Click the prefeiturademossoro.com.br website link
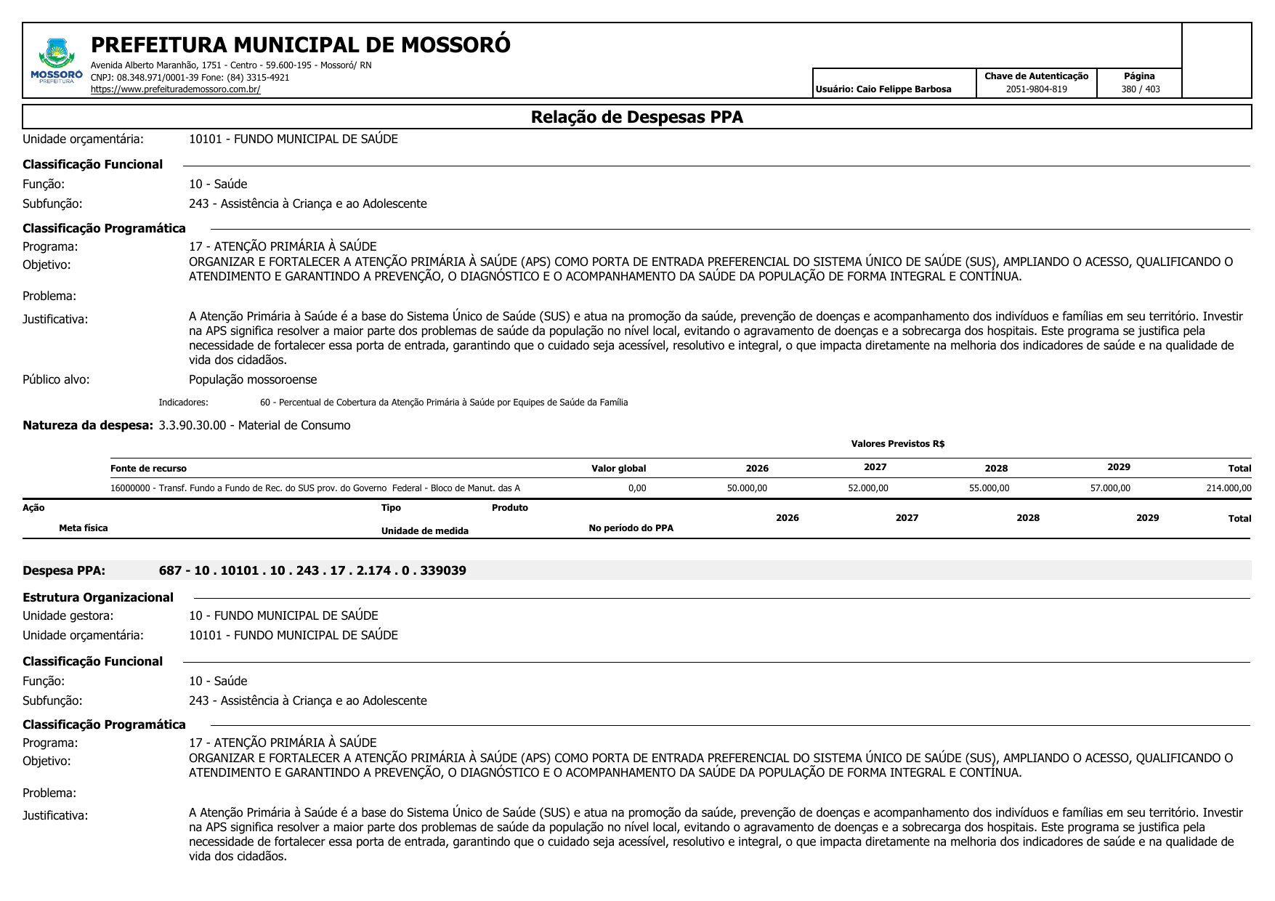(175, 89)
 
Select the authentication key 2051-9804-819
(1036, 89)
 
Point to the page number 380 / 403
(1140, 89)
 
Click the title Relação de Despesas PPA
(636, 117)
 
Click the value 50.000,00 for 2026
(747, 488)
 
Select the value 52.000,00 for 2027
(867, 488)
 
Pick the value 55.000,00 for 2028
(989, 488)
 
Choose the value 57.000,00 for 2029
(1110, 488)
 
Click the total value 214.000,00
(1229, 488)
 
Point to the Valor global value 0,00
(636, 488)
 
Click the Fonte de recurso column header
(148, 469)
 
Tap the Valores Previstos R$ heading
(897, 444)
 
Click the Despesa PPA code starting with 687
(312, 570)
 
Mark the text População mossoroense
(253, 379)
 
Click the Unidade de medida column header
(424, 531)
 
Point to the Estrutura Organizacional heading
(98, 597)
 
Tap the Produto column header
(509, 508)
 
